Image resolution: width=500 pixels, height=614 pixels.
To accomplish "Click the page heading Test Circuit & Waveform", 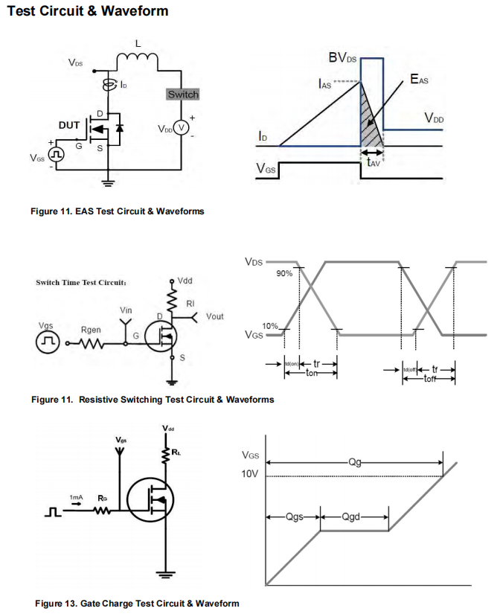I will click(x=87, y=11).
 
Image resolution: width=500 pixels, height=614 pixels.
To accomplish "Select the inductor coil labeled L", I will click(x=137, y=57).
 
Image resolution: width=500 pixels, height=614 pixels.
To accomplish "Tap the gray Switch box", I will click(x=183, y=95).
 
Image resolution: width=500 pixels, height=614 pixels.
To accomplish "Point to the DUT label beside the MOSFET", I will click(x=69, y=125).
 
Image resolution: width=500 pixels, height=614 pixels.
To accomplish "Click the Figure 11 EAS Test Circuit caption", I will click(x=117, y=211).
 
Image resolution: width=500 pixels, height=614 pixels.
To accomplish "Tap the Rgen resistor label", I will click(x=91, y=329).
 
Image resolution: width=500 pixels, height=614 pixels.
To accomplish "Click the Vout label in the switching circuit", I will click(x=214, y=316).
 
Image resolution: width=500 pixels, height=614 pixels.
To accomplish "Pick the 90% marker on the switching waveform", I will click(x=284, y=274).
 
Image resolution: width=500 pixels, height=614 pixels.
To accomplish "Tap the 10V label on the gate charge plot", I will click(x=251, y=475).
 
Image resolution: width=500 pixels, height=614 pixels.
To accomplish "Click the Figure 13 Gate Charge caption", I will click(x=137, y=603).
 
